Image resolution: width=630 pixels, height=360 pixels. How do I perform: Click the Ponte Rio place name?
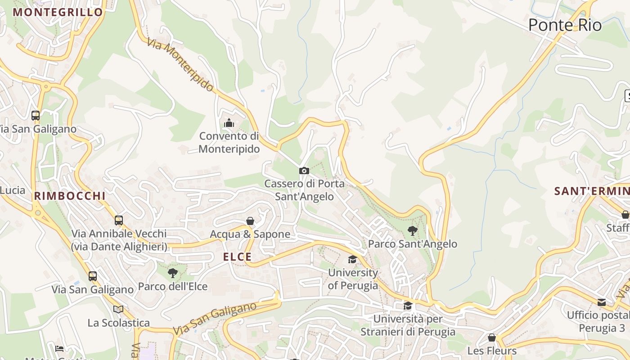pos(565,25)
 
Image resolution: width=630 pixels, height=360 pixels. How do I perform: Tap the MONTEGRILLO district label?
pos(58,12)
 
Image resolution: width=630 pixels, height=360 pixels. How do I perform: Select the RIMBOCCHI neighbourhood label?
pos(70,196)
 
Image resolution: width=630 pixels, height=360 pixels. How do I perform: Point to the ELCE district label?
pos(237,257)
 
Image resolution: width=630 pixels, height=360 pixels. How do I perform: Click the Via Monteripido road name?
pos(180,65)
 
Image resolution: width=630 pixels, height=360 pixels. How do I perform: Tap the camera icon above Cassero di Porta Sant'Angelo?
pos(304,171)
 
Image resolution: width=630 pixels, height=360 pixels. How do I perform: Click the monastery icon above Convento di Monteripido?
pos(229,123)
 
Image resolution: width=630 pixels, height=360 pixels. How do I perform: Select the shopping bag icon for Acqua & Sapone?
pos(250,221)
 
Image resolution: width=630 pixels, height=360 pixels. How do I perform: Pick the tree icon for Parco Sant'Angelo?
pos(412,231)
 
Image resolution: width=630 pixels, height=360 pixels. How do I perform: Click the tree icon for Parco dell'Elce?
pos(172,273)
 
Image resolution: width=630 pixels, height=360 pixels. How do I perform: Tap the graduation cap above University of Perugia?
pos(352,260)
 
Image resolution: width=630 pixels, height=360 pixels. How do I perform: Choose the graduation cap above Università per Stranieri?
pos(408,306)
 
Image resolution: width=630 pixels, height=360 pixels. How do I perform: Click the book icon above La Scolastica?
pos(118,309)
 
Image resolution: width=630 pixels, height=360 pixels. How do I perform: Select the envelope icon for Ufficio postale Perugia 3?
pos(602,302)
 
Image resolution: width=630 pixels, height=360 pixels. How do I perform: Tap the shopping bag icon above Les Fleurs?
pos(492,337)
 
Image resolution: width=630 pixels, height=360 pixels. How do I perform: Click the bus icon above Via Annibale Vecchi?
pos(119,220)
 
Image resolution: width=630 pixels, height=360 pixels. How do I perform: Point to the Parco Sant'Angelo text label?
pos(413,244)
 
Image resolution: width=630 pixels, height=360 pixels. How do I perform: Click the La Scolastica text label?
pos(119,323)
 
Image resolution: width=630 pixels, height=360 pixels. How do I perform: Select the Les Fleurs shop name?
pos(492,351)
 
